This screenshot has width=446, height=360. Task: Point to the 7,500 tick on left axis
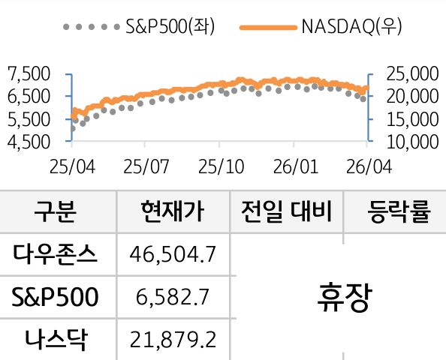point(28,73)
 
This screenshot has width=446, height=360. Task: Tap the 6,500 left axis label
point(28,96)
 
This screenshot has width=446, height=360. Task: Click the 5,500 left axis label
point(28,118)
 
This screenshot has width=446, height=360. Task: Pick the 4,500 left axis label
point(28,141)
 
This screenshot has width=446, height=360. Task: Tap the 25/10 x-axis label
point(220,165)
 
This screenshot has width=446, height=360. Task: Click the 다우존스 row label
point(56,255)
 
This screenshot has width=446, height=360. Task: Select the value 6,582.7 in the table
point(173,298)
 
